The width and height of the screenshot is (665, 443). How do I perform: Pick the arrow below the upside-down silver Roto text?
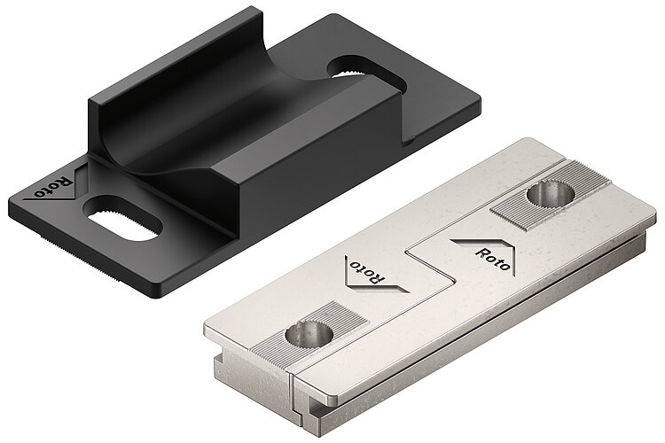click(381, 286)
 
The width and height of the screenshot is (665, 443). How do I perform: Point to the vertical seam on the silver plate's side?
click(293, 390)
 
